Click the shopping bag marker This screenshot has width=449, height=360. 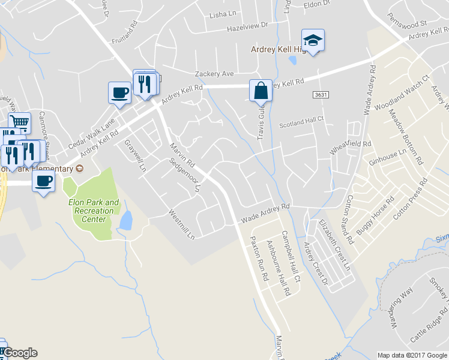[261, 91]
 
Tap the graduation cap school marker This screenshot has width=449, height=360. [313, 41]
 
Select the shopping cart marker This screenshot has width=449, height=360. [20, 122]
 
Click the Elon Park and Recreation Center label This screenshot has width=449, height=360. [93, 211]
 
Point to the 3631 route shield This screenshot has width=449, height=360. [321, 95]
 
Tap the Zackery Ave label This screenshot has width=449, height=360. [214, 74]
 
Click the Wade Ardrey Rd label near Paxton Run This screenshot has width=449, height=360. [265, 214]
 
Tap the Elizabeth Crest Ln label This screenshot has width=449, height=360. [334, 245]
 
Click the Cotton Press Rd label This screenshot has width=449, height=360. [411, 199]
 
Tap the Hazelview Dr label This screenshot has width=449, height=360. [247, 28]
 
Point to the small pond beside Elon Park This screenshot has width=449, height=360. [125, 221]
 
